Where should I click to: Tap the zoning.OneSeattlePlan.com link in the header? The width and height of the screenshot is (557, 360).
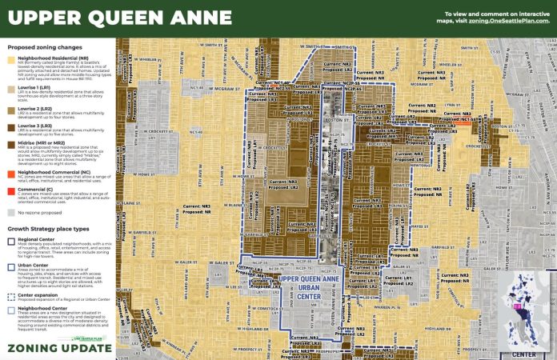point(511,21)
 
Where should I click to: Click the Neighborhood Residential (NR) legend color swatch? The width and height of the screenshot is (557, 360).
point(12,60)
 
